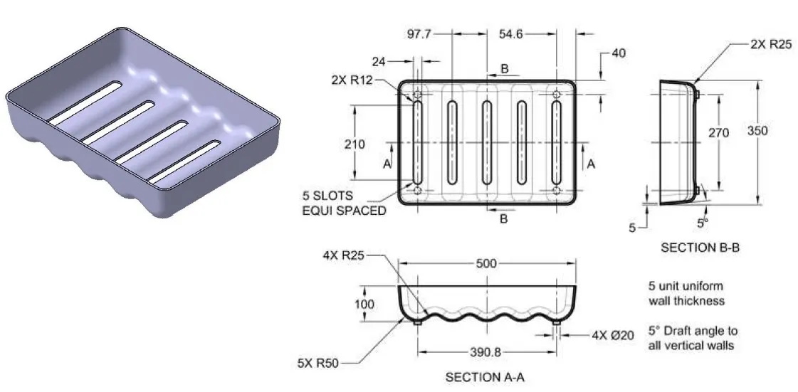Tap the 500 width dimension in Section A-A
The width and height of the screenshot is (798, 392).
pyautogui.click(x=486, y=264)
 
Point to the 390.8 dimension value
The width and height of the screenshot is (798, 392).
pyautogui.click(x=486, y=352)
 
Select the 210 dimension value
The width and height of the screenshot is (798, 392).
pyautogui.click(x=354, y=144)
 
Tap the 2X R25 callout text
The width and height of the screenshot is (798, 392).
pyautogui.click(x=772, y=44)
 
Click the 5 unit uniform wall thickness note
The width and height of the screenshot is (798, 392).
pyautogui.click(x=686, y=294)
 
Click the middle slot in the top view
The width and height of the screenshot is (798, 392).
pyautogui.click(x=486, y=142)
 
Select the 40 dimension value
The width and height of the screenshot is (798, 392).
pyautogui.click(x=619, y=53)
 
